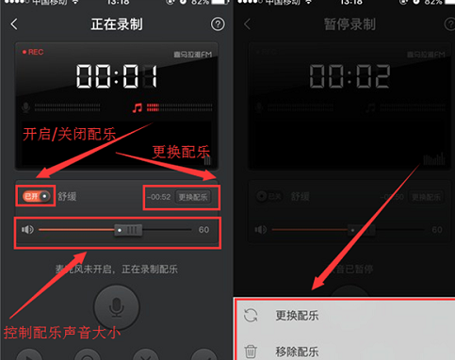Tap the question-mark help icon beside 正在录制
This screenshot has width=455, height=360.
[x=218, y=24]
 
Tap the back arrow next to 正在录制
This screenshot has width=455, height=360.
[x=13, y=24]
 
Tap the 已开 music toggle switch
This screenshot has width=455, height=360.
[x=36, y=196]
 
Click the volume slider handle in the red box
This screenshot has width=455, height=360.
[x=127, y=230]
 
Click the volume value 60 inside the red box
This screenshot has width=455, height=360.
[x=203, y=230]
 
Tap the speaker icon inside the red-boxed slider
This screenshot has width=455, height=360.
[x=28, y=230]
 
